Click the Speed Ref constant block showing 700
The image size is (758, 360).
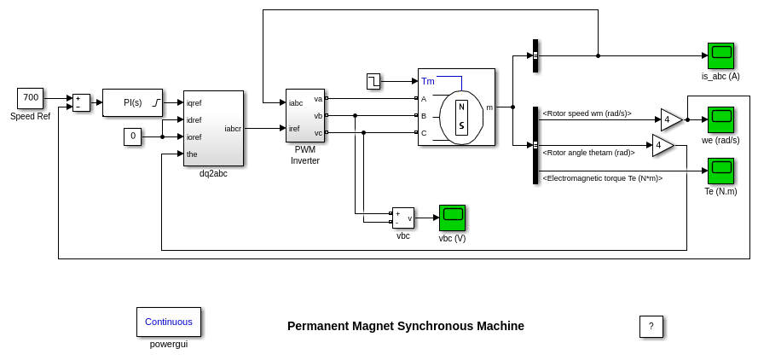coord(31,98)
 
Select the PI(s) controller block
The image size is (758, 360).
coord(132,102)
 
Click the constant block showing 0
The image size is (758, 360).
coord(132,136)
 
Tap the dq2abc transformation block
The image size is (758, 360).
coord(213,128)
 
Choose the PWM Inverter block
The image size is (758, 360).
coord(304,115)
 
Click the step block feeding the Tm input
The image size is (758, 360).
coord(373,81)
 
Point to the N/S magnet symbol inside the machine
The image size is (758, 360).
coord(461,118)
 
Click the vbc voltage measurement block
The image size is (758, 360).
coord(403,218)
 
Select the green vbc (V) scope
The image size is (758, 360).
coord(452,218)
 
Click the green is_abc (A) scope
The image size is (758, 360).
coord(720,55)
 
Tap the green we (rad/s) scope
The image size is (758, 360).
coord(720,119)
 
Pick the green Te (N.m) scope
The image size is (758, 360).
coord(720,171)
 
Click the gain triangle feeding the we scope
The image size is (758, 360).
coord(670,119)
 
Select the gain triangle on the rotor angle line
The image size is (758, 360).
coord(662,145)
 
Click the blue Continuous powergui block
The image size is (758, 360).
coord(169,322)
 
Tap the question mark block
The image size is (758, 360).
coord(651,326)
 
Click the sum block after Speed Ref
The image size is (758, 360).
coord(81,102)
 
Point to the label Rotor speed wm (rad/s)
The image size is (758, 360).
coord(587,113)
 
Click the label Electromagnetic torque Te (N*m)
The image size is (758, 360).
coord(602,178)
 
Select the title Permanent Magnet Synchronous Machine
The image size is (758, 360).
coord(406,326)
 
